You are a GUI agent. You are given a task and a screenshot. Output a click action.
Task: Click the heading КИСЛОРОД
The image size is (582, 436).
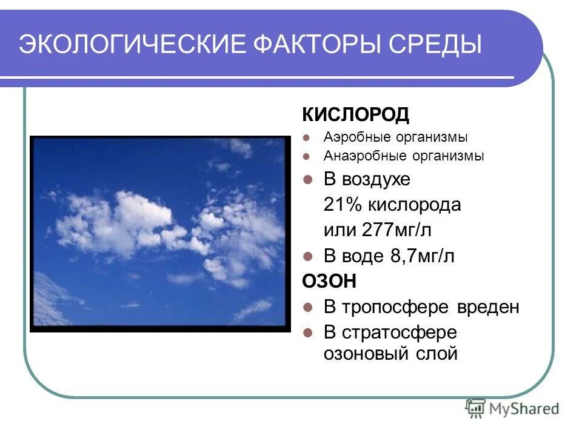pyautogui.click(x=347, y=114)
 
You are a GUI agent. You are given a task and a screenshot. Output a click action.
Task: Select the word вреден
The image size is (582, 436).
pyautogui.click(x=490, y=307)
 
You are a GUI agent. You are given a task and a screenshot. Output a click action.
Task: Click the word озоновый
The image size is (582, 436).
pyautogui.click(x=366, y=353)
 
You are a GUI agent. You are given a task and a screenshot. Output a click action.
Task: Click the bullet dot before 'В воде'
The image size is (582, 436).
pyautogui.click(x=308, y=256)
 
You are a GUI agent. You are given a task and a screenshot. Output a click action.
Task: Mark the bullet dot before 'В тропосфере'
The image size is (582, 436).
pyautogui.click(x=308, y=307)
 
